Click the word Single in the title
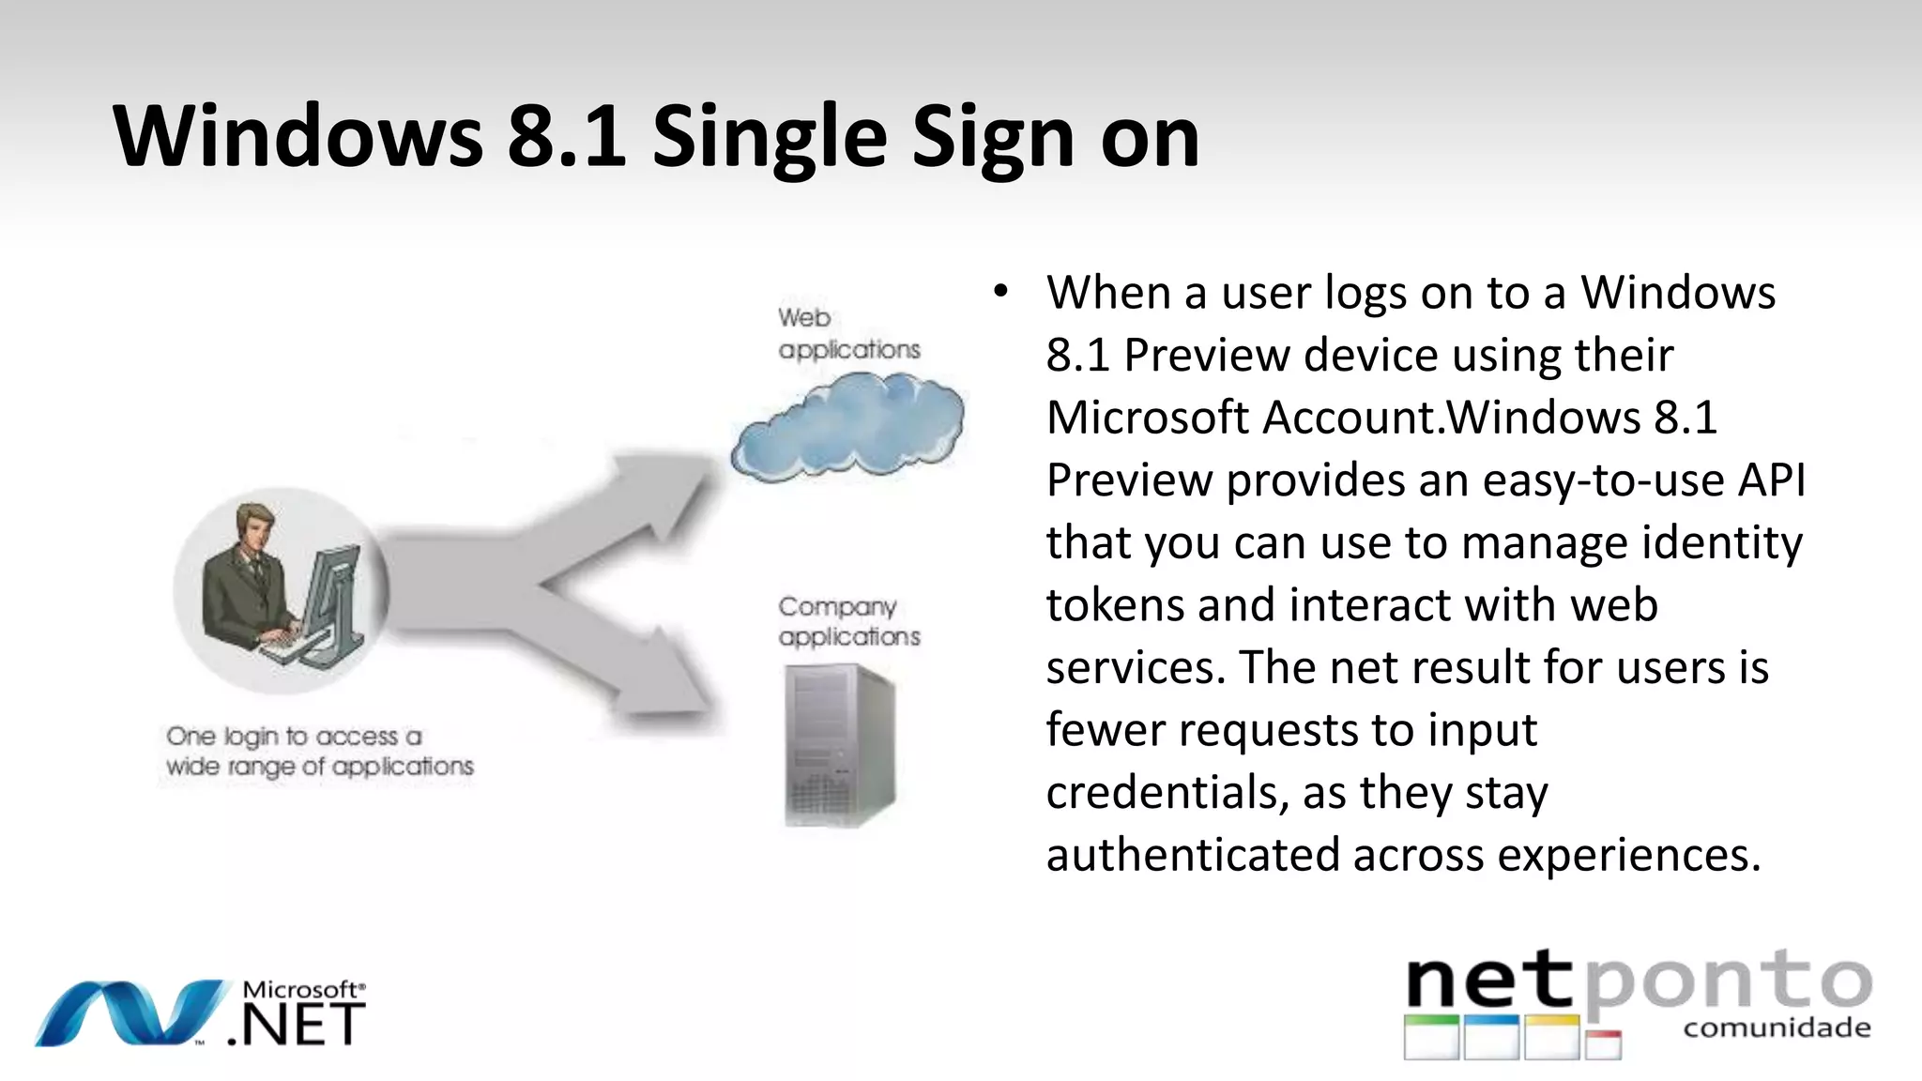pyautogui.click(x=770, y=139)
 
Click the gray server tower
pyautogui.click(x=838, y=745)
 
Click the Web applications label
pyautogui.click(x=848, y=334)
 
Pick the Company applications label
pyautogui.click(x=848, y=621)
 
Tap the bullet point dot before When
pyautogui.click(x=1001, y=292)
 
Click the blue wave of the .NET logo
pyautogui.click(x=131, y=1013)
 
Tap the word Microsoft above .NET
pyautogui.click(x=300, y=990)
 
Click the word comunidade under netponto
pyautogui.click(x=1777, y=1028)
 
